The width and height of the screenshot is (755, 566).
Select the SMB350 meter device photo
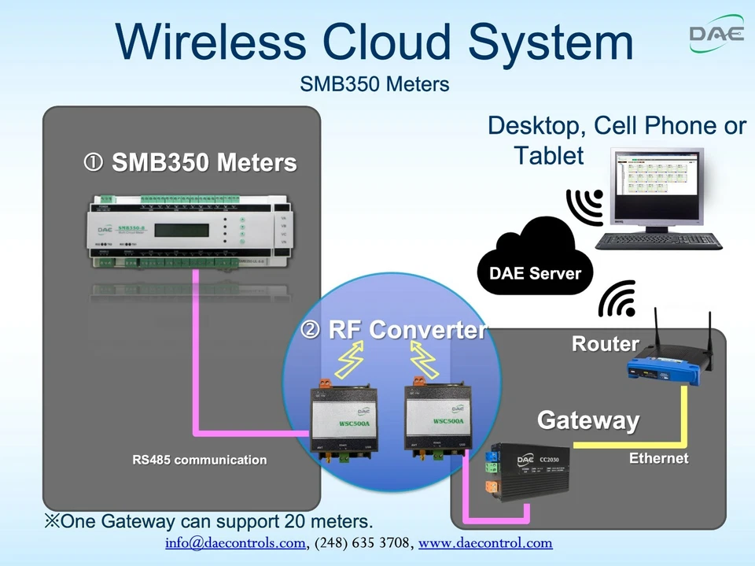pyautogui.click(x=181, y=232)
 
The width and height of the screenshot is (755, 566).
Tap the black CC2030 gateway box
pyautogui.click(x=531, y=468)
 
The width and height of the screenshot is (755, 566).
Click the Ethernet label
pyautogui.click(x=658, y=458)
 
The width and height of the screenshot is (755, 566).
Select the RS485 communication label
pyautogui.click(x=199, y=460)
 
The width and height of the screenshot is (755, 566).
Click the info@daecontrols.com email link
pyautogui.click(x=234, y=543)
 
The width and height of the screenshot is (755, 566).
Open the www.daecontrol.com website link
pyautogui.click(x=485, y=543)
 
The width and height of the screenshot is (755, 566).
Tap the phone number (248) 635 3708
pyautogui.click(x=362, y=543)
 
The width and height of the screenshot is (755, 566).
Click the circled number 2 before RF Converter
pyautogui.click(x=311, y=330)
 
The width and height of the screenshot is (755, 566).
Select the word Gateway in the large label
pyautogui.click(x=587, y=420)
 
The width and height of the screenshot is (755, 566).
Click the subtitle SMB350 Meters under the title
pyautogui.click(x=374, y=84)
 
